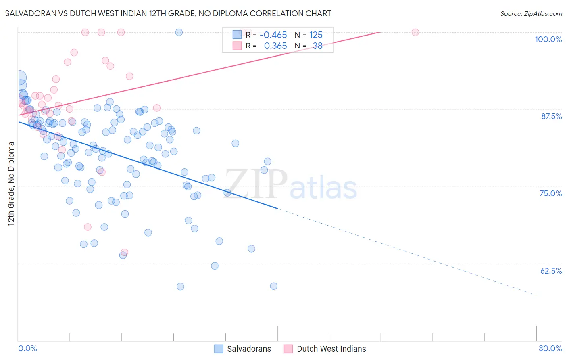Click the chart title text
tap(168, 13)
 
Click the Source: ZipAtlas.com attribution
tap(531, 13)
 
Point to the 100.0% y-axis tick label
tap(548, 39)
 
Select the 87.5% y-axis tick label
tap(551, 116)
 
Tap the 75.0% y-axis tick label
tap(550, 193)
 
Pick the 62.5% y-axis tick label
tap(551, 271)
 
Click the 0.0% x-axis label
tap(27, 348)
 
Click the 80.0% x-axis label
tap(550, 348)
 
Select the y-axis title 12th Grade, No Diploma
tap(11, 184)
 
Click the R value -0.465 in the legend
tap(273, 35)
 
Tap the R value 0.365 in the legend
tap(275, 46)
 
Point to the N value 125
tap(316, 35)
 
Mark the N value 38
tap(317, 46)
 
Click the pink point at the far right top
tap(415, 32)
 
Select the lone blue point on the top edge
tap(179, 32)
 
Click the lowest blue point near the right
tap(273, 286)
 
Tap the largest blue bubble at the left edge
tap(19, 78)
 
